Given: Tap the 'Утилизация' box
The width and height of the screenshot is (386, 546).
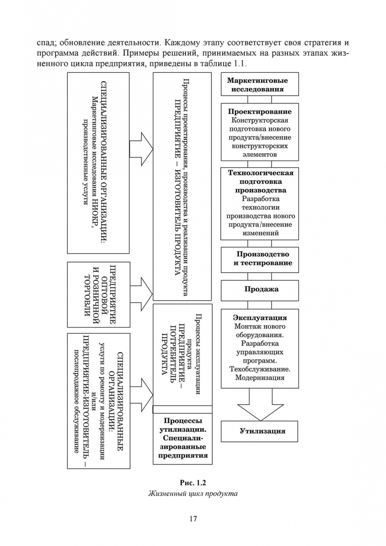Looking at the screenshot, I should [262, 431].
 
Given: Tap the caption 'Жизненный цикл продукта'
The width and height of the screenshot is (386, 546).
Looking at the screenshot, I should [193, 493].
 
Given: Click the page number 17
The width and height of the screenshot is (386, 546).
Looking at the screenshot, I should [193, 519].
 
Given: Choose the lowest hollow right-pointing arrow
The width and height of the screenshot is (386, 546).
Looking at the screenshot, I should [141, 391].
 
